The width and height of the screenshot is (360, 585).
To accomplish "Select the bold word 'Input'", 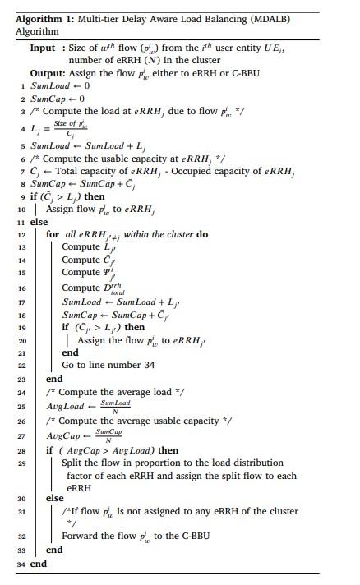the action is click(43, 48).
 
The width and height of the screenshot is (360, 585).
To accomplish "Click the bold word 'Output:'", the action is click(47, 72).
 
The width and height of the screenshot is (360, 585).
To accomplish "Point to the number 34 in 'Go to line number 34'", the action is click(148, 364).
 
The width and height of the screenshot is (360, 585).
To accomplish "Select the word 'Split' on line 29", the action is click(75, 463).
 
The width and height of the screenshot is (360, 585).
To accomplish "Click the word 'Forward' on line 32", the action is click(83, 537).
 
